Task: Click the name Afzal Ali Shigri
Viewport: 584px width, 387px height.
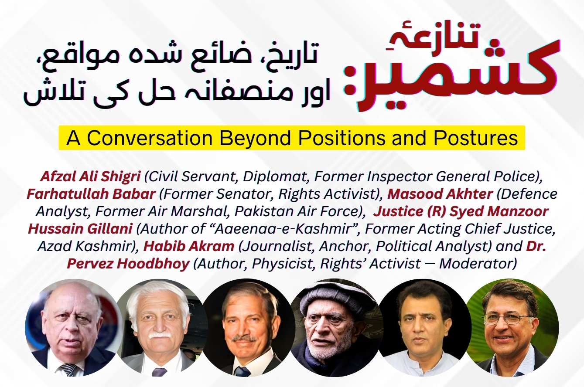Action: (90, 177)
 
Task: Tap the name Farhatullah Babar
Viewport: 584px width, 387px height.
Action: (91, 194)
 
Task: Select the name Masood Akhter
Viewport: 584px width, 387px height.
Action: (441, 194)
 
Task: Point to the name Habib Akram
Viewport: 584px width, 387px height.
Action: (189, 246)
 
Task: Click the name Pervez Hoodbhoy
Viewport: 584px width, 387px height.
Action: (128, 264)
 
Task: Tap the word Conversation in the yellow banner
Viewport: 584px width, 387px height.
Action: (150, 138)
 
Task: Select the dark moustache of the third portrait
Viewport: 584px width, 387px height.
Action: (244, 338)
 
